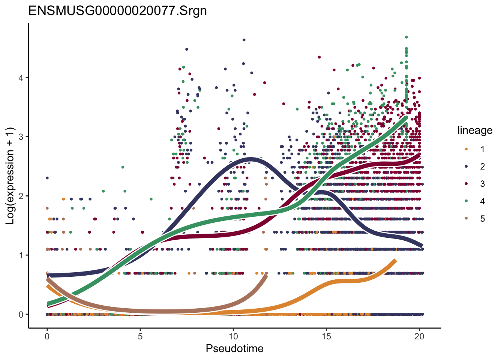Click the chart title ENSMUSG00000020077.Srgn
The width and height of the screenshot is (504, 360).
(117, 10)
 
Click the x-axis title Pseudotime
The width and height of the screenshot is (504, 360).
(234, 349)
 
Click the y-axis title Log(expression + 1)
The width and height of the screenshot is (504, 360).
(10, 176)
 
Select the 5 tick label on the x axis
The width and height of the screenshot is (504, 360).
(140, 336)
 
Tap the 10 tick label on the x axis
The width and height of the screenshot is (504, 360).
(233, 336)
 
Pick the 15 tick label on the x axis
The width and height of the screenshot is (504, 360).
(326, 336)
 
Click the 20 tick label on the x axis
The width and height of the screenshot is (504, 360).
(419, 336)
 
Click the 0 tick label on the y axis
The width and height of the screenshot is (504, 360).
(21, 314)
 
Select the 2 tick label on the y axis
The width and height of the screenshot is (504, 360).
(21, 196)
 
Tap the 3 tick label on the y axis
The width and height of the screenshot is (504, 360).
(21, 136)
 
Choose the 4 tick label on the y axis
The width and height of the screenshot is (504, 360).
(21, 78)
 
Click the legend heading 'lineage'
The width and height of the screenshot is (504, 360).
(475, 130)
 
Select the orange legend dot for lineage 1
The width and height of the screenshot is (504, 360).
(466, 149)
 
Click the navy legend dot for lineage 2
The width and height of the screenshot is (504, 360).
(466, 166)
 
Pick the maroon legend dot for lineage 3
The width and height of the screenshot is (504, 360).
(466, 184)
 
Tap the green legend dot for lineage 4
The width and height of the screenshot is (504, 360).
(466, 201)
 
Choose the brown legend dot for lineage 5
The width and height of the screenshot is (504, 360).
(466, 219)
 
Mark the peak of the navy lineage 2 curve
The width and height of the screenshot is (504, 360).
(250, 159)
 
